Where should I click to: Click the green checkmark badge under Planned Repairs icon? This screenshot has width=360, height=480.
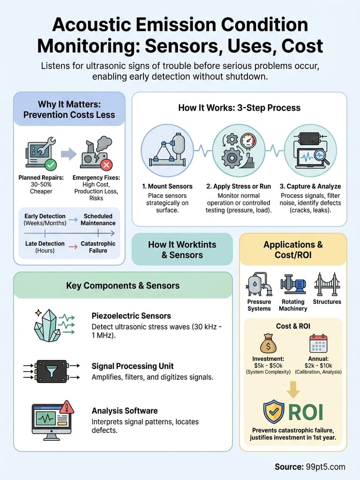[x=50, y=165]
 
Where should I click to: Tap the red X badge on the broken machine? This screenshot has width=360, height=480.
[x=107, y=165]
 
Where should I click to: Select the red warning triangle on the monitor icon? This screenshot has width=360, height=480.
[x=67, y=406]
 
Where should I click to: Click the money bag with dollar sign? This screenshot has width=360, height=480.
[x=268, y=345]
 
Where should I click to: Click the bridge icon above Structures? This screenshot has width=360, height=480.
[x=327, y=284]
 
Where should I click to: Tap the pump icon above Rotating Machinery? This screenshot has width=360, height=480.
[x=293, y=284]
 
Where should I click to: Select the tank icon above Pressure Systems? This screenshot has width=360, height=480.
[x=258, y=284]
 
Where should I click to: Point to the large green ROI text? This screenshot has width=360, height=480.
[x=306, y=412]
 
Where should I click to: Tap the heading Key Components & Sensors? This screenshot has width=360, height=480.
[x=123, y=285]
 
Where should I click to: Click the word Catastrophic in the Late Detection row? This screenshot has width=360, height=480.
[x=98, y=244]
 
